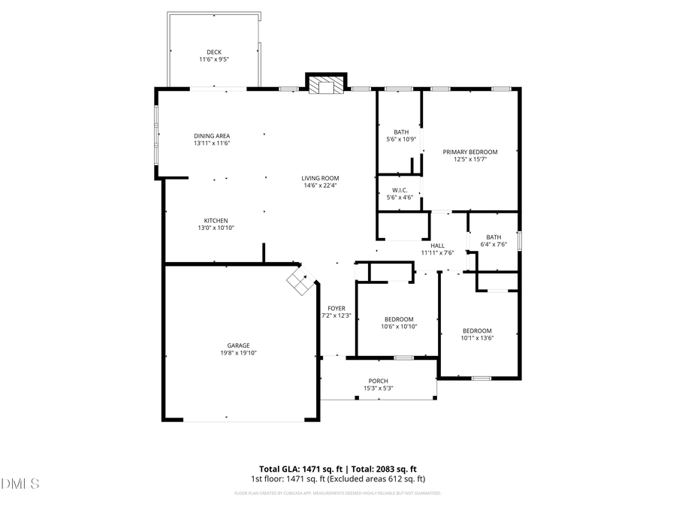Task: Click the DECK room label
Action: coord(214,52)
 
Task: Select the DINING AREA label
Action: coord(212,136)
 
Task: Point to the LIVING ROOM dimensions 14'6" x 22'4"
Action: coord(321,186)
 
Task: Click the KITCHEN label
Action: coord(216,221)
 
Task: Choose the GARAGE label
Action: coord(239,346)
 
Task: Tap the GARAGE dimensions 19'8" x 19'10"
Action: coord(239,353)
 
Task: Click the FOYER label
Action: coord(336,308)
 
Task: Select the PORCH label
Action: coord(379,381)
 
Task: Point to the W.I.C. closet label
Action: coord(400,190)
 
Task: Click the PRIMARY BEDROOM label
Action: coord(470,152)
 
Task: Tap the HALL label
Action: coord(438,246)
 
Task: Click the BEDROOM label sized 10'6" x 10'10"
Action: coord(399,319)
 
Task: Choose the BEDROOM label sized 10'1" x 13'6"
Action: coord(477,330)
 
